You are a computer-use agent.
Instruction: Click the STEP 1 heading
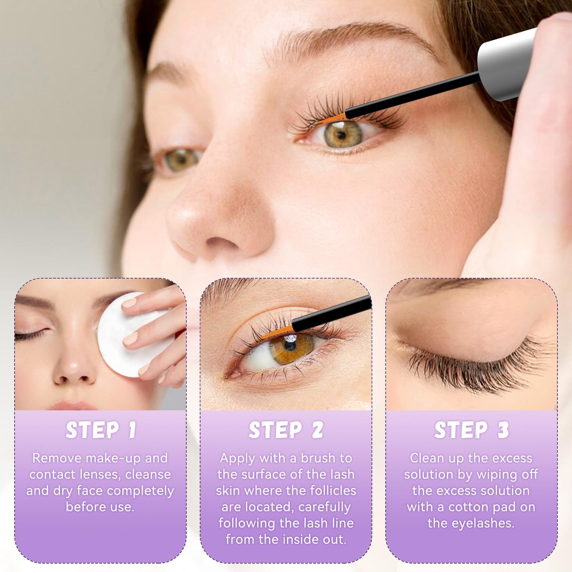click(101, 430)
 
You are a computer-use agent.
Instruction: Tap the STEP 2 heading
click(286, 430)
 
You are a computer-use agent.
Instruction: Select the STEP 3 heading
click(471, 430)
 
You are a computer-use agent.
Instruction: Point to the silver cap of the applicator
click(505, 63)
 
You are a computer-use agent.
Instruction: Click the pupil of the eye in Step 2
click(290, 346)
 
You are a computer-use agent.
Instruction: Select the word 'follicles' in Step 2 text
click(333, 491)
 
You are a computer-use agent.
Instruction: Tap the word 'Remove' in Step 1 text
click(57, 458)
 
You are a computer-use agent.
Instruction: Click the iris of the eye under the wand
click(343, 134)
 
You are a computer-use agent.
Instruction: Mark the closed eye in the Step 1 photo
click(32, 335)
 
